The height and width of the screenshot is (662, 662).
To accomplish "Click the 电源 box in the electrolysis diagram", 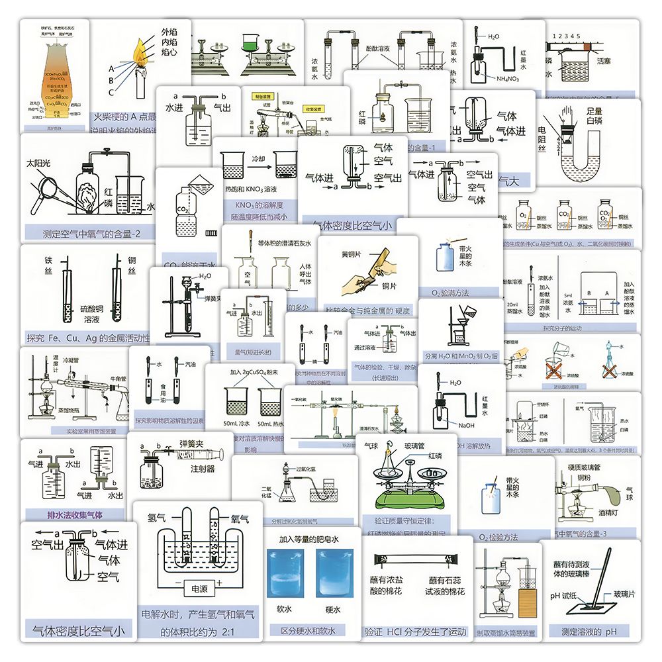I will click(x=198, y=589).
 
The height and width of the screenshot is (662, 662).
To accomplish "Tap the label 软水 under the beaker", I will click(x=285, y=610).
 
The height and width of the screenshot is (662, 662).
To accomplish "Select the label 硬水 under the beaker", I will click(x=333, y=610).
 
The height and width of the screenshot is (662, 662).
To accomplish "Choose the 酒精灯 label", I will click(x=608, y=512).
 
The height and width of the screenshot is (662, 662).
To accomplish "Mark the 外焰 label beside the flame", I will click(x=170, y=32).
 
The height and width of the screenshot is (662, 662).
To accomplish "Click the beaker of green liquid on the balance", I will click(x=252, y=44).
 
